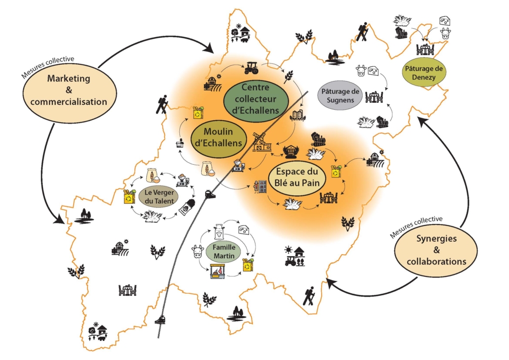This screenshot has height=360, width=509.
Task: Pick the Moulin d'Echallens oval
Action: [x=218, y=138]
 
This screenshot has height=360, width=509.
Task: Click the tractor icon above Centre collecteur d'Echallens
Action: [x=252, y=66]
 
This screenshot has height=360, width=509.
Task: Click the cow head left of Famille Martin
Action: [x=198, y=251]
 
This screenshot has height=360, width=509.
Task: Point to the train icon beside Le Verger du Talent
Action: [x=210, y=195]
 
